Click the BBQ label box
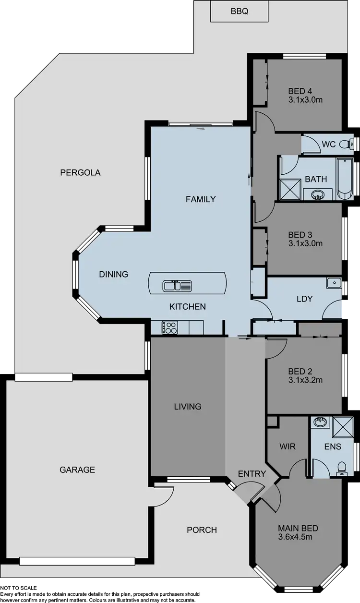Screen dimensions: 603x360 pyautogui.click(x=239, y=11)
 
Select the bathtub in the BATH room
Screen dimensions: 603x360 pyautogui.click(x=345, y=178)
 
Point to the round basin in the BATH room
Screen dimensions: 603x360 pyautogui.click(x=317, y=194)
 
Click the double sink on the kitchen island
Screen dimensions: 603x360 pyautogui.click(x=177, y=286)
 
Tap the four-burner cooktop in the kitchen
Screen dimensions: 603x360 pyautogui.click(x=169, y=327)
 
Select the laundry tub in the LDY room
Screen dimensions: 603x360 pyautogui.click(x=334, y=283)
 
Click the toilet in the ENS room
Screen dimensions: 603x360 pyautogui.click(x=341, y=467)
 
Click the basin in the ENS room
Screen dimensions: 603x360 pyautogui.click(x=319, y=422)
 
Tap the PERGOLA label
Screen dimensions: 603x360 pyautogui.click(x=80, y=173)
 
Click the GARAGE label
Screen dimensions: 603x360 pyautogui.click(x=77, y=470)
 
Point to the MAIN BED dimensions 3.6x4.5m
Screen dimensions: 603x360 pyautogui.click(x=295, y=537)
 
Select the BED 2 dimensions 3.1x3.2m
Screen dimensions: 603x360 pyautogui.click(x=305, y=380)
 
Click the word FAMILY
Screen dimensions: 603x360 pyautogui.click(x=201, y=199)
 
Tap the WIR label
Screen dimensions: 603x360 pyautogui.click(x=287, y=446)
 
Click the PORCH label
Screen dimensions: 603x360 pyautogui.click(x=202, y=530)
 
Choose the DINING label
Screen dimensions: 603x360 pyautogui.click(x=114, y=275)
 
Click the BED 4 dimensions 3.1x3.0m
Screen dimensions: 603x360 pyautogui.click(x=305, y=100)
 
